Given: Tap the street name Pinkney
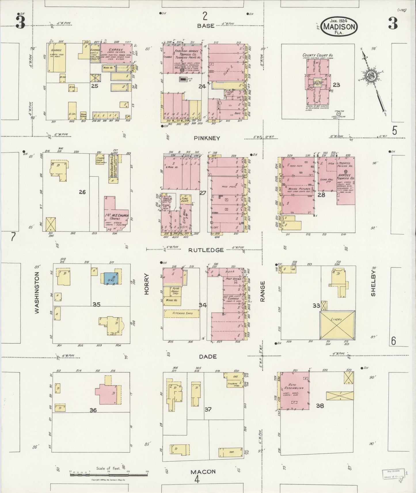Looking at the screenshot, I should coord(207,138).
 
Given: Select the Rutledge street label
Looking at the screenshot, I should coord(206,250).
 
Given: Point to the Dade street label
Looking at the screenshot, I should coord(208,356).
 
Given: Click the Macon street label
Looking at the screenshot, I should coord(203,471).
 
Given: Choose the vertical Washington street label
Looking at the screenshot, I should coord(37,293).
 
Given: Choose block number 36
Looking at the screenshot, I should coord(93,410).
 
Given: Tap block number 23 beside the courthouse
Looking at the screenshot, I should coord(336,85).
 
